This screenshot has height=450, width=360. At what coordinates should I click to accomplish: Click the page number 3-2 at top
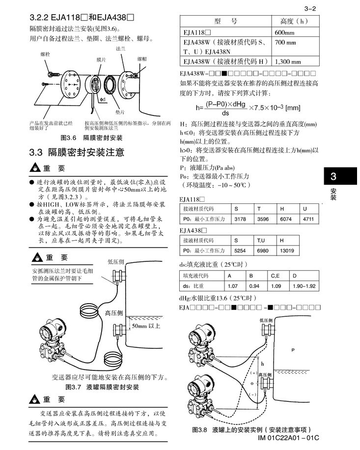pos(310,8)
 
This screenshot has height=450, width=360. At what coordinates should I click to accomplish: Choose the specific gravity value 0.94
pos(254,285)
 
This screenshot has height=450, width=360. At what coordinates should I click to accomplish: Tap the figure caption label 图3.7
pos(74,387)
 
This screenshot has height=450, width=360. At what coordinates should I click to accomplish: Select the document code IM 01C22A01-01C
pos(288,438)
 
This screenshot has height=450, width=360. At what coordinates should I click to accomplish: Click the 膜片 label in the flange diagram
pos(101,59)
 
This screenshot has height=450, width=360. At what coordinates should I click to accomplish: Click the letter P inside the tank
pos(293,350)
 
